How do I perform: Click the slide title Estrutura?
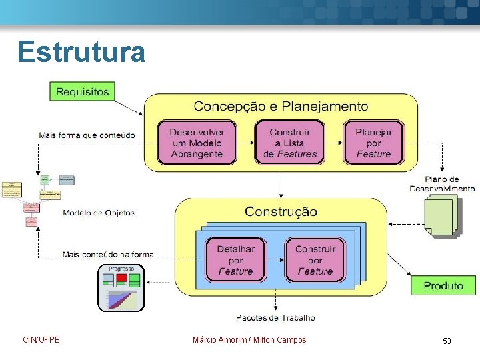point(81,52)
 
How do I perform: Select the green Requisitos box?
point(82,91)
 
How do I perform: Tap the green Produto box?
point(443,285)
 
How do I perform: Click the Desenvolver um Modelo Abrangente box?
point(197,142)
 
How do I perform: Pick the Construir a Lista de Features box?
point(290,142)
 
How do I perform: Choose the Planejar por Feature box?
point(373,142)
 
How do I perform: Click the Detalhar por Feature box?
point(235,260)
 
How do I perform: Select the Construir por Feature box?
point(315,260)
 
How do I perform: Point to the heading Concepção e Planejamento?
point(281,106)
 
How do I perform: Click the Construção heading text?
point(281,211)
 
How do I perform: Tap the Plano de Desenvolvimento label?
point(442,184)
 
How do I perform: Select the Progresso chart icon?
point(121,288)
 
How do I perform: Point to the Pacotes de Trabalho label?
point(275,318)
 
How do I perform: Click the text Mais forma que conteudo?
point(87,135)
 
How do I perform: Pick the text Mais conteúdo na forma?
point(107,254)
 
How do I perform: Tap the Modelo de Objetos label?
point(99,213)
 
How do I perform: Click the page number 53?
point(447,341)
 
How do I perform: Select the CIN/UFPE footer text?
point(41,340)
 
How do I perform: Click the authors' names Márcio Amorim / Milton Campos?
point(249,340)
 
